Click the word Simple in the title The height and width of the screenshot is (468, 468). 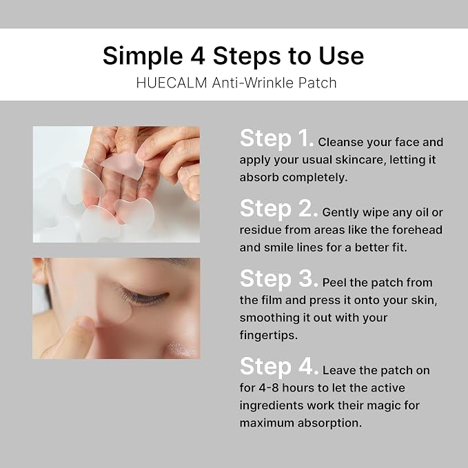click(143, 57)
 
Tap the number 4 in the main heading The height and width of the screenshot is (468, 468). click(198, 56)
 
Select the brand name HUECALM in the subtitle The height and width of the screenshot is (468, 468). click(172, 83)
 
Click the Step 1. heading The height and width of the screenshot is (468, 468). click(276, 138)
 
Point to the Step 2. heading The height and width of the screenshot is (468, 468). click(278, 208)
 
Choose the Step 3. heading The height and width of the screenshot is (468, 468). click(278, 278)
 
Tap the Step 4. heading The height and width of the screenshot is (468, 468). click(279, 366)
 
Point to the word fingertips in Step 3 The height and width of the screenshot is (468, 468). click(269, 335)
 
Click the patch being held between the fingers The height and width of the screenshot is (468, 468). click(123, 165)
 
